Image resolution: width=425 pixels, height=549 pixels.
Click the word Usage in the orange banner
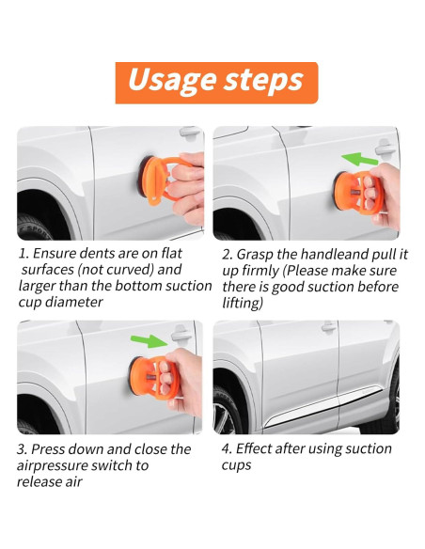(172, 81)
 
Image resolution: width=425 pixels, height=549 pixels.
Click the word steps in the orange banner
(263, 80)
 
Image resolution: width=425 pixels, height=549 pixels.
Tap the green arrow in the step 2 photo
(360, 159)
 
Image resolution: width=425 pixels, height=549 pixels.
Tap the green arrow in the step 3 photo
(150, 340)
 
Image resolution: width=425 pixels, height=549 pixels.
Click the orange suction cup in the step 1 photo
(159, 180)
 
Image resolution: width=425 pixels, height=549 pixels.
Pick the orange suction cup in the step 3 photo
(151, 378)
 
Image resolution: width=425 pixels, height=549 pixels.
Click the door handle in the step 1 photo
(190, 133)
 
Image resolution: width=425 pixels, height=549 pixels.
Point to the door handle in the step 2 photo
(386, 149)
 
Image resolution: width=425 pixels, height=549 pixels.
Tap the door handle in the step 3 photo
(181, 334)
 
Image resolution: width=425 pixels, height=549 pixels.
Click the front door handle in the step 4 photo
(329, 327)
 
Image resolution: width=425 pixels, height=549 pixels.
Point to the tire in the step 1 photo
(34, 227)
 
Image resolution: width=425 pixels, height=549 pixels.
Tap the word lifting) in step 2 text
(243, 304)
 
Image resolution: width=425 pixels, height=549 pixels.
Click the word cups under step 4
(236, 466)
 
